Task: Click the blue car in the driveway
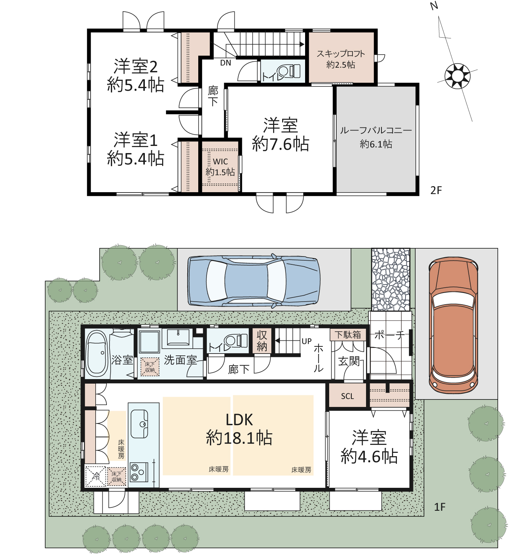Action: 254,280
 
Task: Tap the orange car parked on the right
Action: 453,326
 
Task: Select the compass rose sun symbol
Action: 457,76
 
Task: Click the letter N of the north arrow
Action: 434,6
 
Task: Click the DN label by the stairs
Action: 225,63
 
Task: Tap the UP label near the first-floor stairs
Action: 307,342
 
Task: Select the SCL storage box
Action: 347,396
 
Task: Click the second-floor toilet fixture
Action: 288,71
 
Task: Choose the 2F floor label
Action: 436,190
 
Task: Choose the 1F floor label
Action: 440,507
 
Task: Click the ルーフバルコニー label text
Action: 376,131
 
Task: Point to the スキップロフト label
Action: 341,53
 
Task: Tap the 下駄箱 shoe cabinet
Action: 348,335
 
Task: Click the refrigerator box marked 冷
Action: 96,476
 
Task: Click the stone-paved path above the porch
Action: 391,279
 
